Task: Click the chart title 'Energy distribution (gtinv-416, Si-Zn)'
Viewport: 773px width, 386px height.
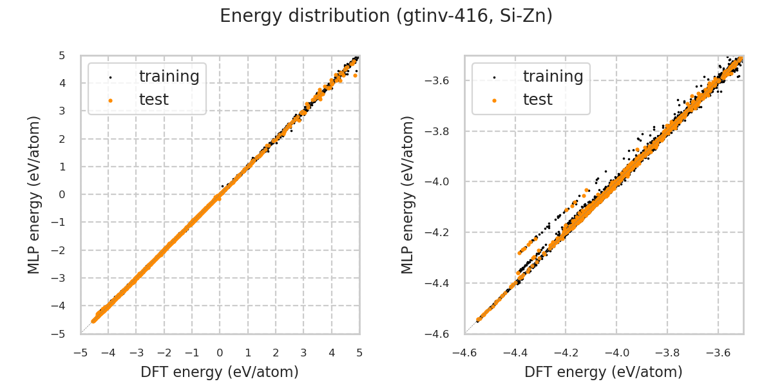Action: pyautogui.click(x=386, y=16)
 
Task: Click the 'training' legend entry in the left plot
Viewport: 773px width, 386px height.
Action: pyautogui.click(x=169, y=77)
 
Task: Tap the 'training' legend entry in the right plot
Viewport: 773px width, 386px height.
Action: pyautogui.click(x=553, y=77)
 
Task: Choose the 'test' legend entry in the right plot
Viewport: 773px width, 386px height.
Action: pyautogui.click(x=537, y=100)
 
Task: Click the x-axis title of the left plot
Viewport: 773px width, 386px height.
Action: pyautogui.click(x=220, y=372)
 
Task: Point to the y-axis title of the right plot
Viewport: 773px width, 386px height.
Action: pyautogui.click(x=408, y=194)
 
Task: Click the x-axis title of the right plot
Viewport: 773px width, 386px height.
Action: pyautogui.click(x=604, y=372)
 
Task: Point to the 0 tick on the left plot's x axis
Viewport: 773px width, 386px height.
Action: pyautogui.click(x=220, y=353)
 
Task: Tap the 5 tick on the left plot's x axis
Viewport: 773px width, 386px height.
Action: pyautogui.click(x=359, y=353)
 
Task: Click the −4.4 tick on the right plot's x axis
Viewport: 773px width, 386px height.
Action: pyautogui.click(x=515, y=353)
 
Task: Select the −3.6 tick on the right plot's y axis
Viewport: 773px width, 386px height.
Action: pyautogui.click(x=441, y=80)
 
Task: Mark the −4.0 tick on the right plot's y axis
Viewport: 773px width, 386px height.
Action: pyautogui.click(x=441, y=182)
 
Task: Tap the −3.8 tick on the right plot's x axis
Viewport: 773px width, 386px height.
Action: pyautogui.click(x=667, y=353)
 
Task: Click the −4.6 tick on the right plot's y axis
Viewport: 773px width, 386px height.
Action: pyautogui.click(x=441, y=334)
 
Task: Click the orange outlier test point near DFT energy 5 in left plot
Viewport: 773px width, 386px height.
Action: pyautogui.click(x=355, y=75)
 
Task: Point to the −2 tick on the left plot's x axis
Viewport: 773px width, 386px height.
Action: pyautogui.click(x=164, y=353)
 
